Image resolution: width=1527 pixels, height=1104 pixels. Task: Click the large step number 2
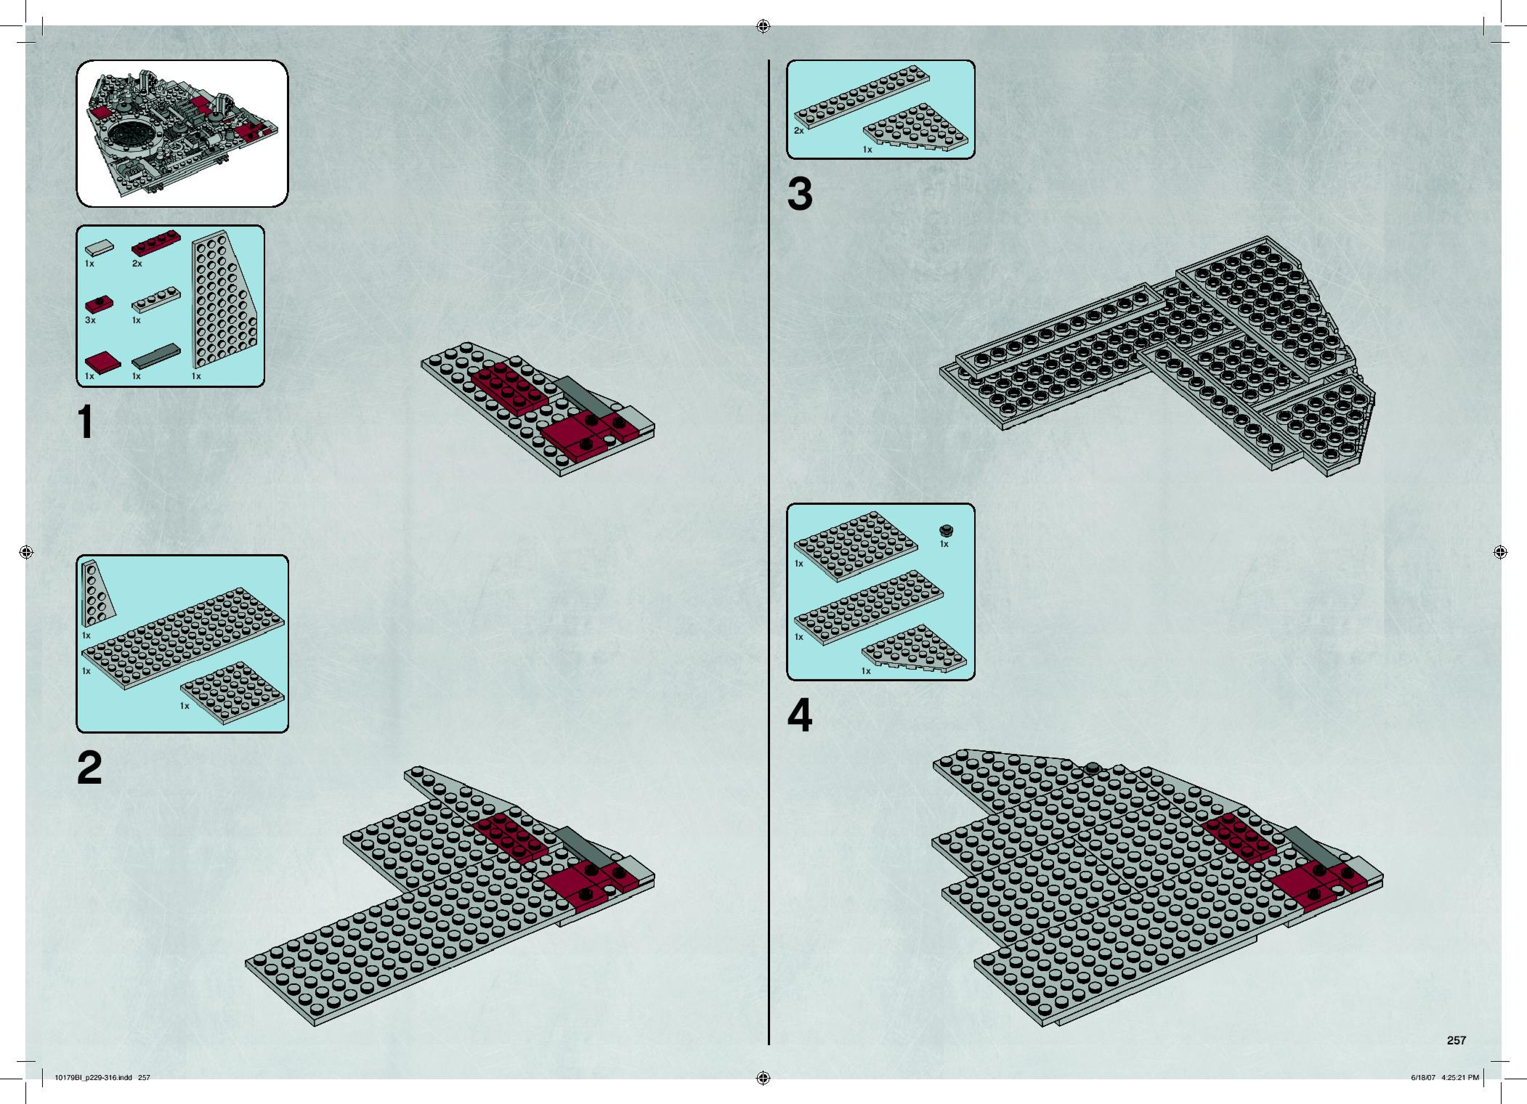[90, 768]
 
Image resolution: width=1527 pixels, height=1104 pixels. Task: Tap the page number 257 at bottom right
[1456, 1040]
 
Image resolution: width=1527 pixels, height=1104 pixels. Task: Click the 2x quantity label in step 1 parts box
[137, 264]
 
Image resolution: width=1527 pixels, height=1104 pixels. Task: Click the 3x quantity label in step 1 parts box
[90, 320]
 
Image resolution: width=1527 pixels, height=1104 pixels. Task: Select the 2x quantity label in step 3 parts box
[798, 131]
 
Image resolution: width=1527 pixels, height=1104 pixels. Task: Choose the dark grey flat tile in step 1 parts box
[156, 357]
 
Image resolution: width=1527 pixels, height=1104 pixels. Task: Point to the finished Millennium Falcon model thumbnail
[182, 133]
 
